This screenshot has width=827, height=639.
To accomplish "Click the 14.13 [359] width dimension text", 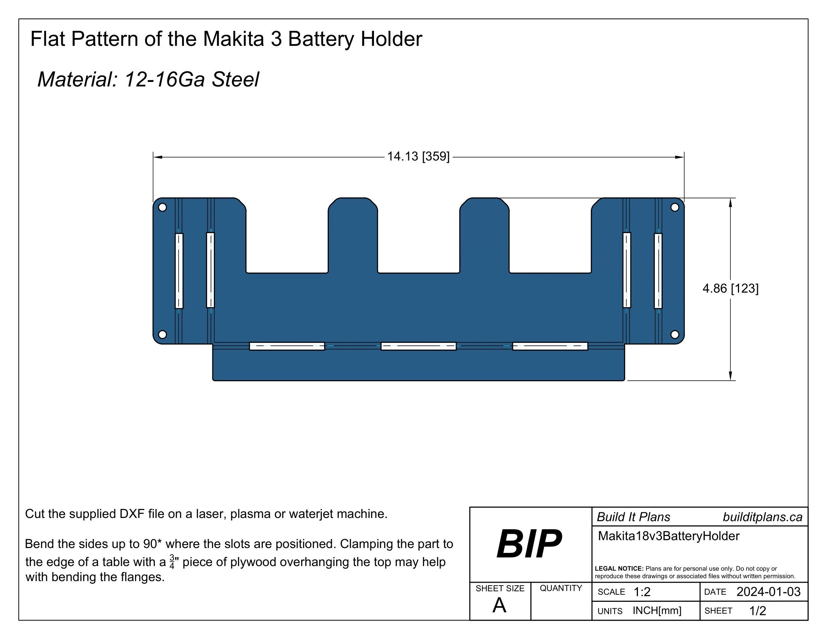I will [418, 156].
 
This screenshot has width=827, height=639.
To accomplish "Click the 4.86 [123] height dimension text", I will [730, 289].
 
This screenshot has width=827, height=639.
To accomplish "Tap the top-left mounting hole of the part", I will [162, 207].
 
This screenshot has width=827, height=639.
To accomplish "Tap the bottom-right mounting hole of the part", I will [675, 335].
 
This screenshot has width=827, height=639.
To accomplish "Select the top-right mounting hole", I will [675, 207].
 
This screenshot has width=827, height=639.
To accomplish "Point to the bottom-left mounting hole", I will [162, 335].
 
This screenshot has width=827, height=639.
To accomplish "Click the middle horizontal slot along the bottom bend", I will [418, 346].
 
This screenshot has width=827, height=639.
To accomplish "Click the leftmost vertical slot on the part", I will [179, 271].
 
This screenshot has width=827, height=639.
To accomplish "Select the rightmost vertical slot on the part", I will [658, 271].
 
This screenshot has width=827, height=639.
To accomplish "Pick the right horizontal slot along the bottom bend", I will [550, 346].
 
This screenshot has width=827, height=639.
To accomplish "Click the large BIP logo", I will [529, 544].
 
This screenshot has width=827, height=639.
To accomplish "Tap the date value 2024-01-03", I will [768, 592].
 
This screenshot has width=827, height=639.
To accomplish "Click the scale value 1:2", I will [642, 592].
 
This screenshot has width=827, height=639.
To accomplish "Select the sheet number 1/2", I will [758, 610].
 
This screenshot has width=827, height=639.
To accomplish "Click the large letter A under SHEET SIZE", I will [499, 605].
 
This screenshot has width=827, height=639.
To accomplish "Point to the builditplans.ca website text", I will [762, 517].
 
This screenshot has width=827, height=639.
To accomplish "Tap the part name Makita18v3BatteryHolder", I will [668, 536].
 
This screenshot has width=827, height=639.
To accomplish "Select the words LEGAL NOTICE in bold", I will [619, 569].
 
